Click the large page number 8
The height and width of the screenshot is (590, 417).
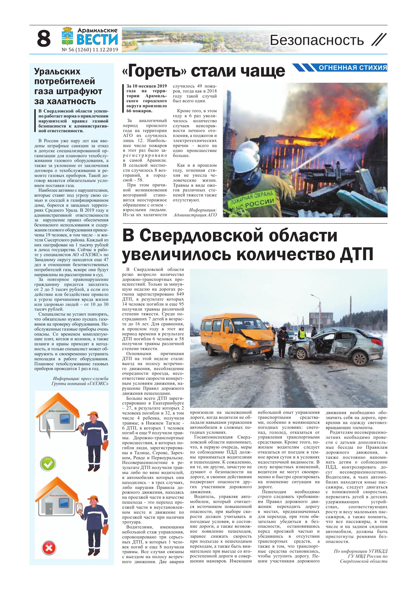click(x=44, y=39)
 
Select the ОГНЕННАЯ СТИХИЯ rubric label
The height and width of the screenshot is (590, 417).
click(x=353, y=68)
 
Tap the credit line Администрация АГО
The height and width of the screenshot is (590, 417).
click(x=195, y=215)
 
